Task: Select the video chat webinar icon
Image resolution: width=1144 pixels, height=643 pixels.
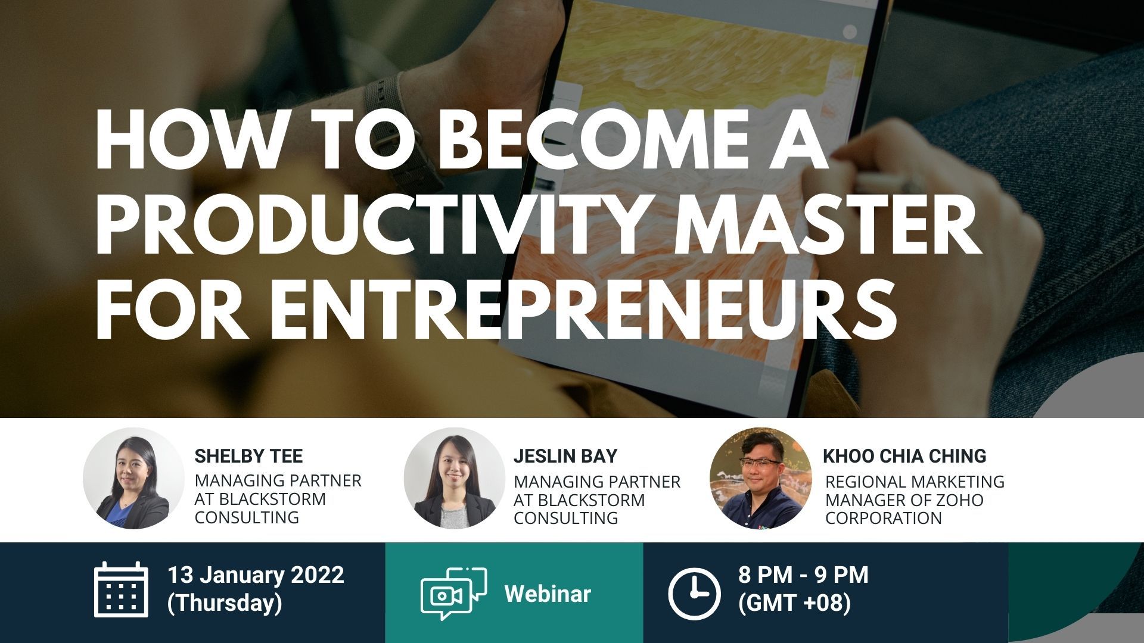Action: tap(453, 593)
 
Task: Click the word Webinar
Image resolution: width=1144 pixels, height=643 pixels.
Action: tap(548, 594)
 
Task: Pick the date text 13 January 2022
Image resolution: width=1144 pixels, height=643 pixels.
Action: tap(256, 575)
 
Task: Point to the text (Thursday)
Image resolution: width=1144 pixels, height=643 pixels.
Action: tap(225, 603)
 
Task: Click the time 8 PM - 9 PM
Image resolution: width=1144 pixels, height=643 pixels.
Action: tap(803, 575)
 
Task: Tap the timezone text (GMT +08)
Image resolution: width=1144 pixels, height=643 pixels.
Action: tap(794, 603)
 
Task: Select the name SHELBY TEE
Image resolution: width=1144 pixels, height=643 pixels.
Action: tap(248, 456)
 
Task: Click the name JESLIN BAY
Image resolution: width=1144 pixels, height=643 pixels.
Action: tap(565, 456)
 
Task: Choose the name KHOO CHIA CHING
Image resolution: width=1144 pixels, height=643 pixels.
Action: tap(904, 456)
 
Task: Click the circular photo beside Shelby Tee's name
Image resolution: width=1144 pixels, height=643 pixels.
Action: tap(133, 478)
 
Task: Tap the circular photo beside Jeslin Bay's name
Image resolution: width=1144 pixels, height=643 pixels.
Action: tap(455, 478)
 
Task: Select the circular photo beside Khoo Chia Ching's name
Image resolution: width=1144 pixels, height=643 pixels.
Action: tap(761, 478)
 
